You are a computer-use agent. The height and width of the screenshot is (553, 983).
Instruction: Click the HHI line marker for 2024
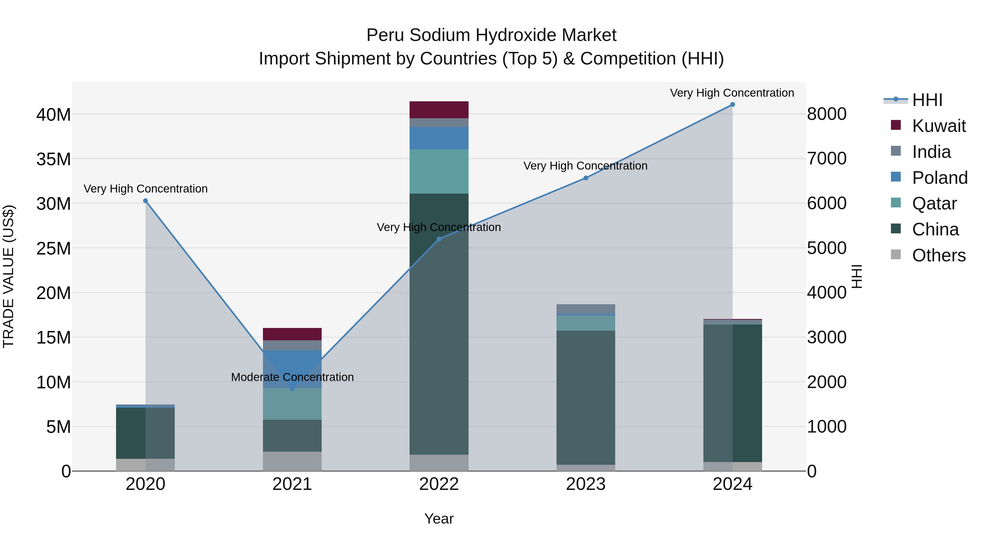732,105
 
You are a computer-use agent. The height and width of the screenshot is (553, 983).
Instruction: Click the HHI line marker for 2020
145,201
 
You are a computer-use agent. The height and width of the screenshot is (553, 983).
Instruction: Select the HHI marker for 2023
586,178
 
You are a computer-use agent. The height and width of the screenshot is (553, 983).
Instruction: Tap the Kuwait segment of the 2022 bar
439,110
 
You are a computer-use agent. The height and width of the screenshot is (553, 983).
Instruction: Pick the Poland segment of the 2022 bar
439,138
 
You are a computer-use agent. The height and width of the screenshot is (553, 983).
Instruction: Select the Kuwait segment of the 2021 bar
292,334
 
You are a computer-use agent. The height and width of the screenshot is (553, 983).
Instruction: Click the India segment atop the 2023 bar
586,308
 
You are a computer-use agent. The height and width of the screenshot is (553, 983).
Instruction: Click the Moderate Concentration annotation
292,377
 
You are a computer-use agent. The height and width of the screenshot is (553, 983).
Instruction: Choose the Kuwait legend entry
939,126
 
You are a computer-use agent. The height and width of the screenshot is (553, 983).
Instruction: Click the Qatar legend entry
934,203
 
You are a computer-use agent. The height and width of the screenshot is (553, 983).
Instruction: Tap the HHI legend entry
927,100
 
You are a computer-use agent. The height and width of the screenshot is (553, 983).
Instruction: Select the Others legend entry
939,255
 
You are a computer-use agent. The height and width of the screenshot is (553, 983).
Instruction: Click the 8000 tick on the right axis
827,114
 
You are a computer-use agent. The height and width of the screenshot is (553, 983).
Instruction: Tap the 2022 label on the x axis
439,484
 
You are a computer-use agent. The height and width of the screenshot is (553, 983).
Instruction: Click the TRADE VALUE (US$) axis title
8,276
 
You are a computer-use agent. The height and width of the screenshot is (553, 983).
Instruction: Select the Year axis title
439,519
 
